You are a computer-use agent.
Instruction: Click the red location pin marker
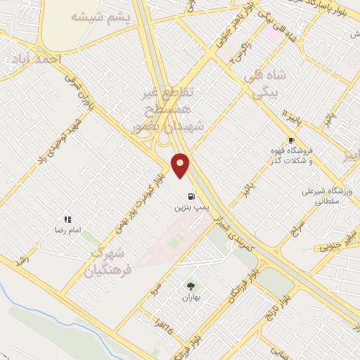pos(181,165)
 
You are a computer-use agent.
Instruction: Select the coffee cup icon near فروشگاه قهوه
pos(291,141)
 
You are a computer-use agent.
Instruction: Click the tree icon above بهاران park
pos(191,285)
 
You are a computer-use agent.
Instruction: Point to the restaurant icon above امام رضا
pos(67,219)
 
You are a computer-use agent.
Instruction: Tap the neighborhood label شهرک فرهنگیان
pos(110,260)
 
